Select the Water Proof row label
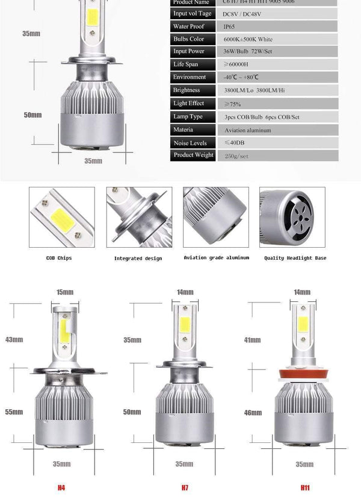point(189,27)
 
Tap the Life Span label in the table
point(185,64)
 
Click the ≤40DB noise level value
point(235,143)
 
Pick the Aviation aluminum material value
point(247,130)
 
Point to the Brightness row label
point(187,90)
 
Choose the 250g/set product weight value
point(236,155)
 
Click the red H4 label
point(61,486)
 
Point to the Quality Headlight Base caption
point(295,258)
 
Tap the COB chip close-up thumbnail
point(62,217)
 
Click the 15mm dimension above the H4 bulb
point(64,292)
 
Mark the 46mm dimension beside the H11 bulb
point(253,413)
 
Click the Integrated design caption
point(137,259)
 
